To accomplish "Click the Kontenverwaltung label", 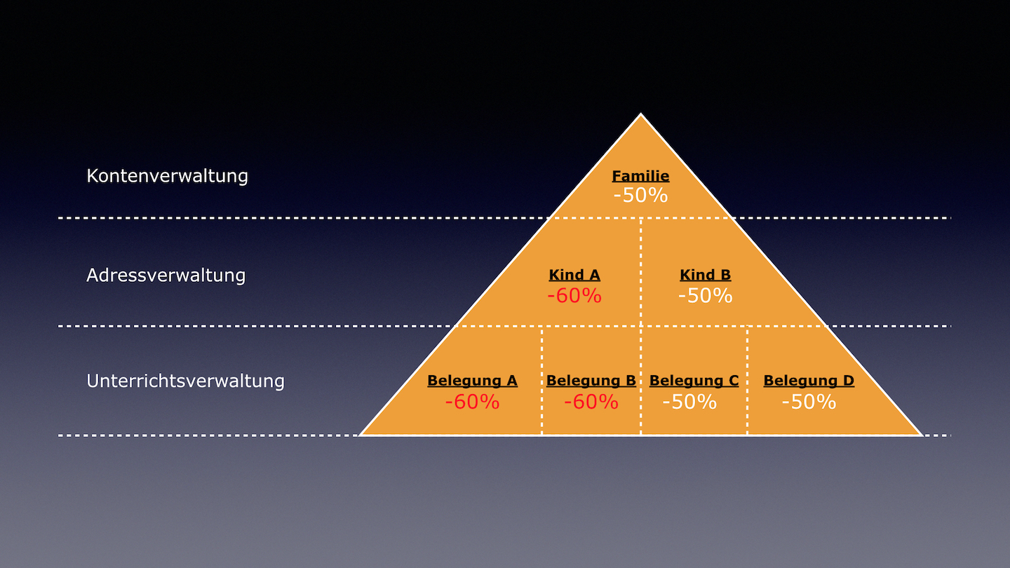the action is pos(167,176).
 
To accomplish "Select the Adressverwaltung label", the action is pos(166,276).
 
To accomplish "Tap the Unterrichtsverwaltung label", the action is pos(185,381).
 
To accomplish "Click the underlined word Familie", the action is pos(640,176).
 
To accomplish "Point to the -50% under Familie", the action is pos(640,196).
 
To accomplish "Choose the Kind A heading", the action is pos(574,275).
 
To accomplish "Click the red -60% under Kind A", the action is pos(574,296).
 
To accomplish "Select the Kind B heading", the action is pos(705,275).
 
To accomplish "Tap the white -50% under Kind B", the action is pos(705,296).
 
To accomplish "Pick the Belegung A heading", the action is pos(472,381).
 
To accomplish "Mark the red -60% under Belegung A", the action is pos(472,402).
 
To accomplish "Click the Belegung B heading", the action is pos(591,381).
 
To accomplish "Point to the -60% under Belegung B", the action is pos(591,402).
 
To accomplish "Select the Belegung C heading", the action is pos(694,381).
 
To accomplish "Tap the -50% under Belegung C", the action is pos(689,402).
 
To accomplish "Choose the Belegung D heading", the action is pos(809,381).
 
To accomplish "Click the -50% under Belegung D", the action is pos(809,402).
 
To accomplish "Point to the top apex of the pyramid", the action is pos(641,114).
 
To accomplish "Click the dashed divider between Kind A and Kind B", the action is pos(641,272).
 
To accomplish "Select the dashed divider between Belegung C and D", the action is pos(747,381).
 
